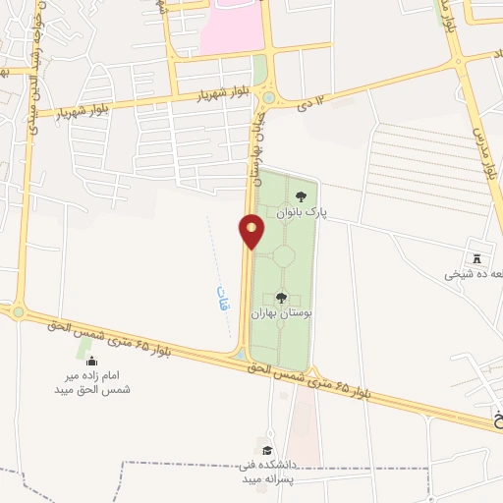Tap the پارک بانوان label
click(300, 211)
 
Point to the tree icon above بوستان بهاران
click(281, 297)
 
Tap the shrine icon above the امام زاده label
click(91, 362)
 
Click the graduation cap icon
click(266, 450)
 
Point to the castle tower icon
click(477, 258)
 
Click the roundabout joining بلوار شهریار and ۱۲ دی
click(268, 97)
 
